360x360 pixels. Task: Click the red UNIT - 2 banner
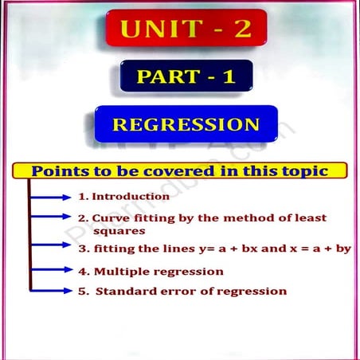tap(185, 29)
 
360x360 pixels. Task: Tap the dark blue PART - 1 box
tap(186, 77)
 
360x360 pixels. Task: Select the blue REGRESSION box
tap(186, 125)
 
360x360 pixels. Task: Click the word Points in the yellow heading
tap(59, 171)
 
